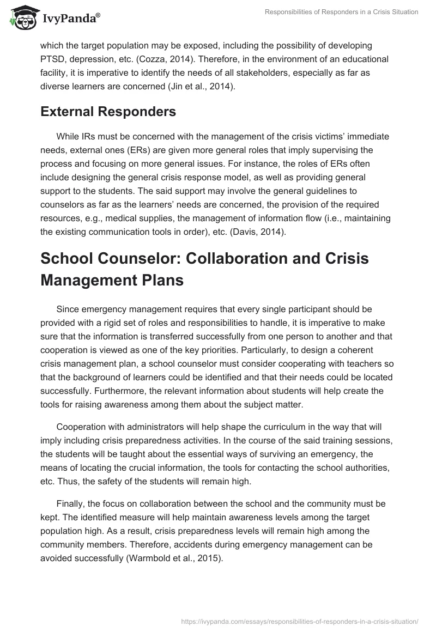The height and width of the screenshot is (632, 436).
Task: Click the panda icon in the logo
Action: tap(21, 18)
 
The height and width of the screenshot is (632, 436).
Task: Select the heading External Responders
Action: tap(108, 112)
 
